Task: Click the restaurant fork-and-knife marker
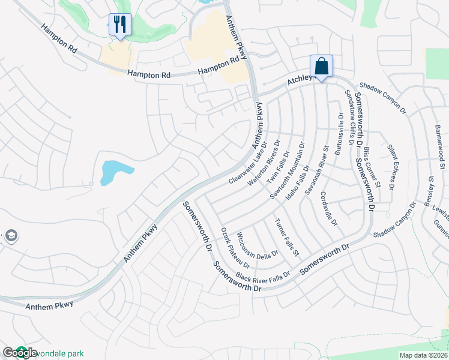[120, 25]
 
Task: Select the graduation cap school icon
[10, 236]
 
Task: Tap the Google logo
[20, 353]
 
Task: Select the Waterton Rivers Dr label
[265, 160]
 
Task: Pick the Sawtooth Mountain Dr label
[288, 170]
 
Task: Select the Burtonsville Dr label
[340, 133]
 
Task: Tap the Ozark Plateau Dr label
[235, 248]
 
